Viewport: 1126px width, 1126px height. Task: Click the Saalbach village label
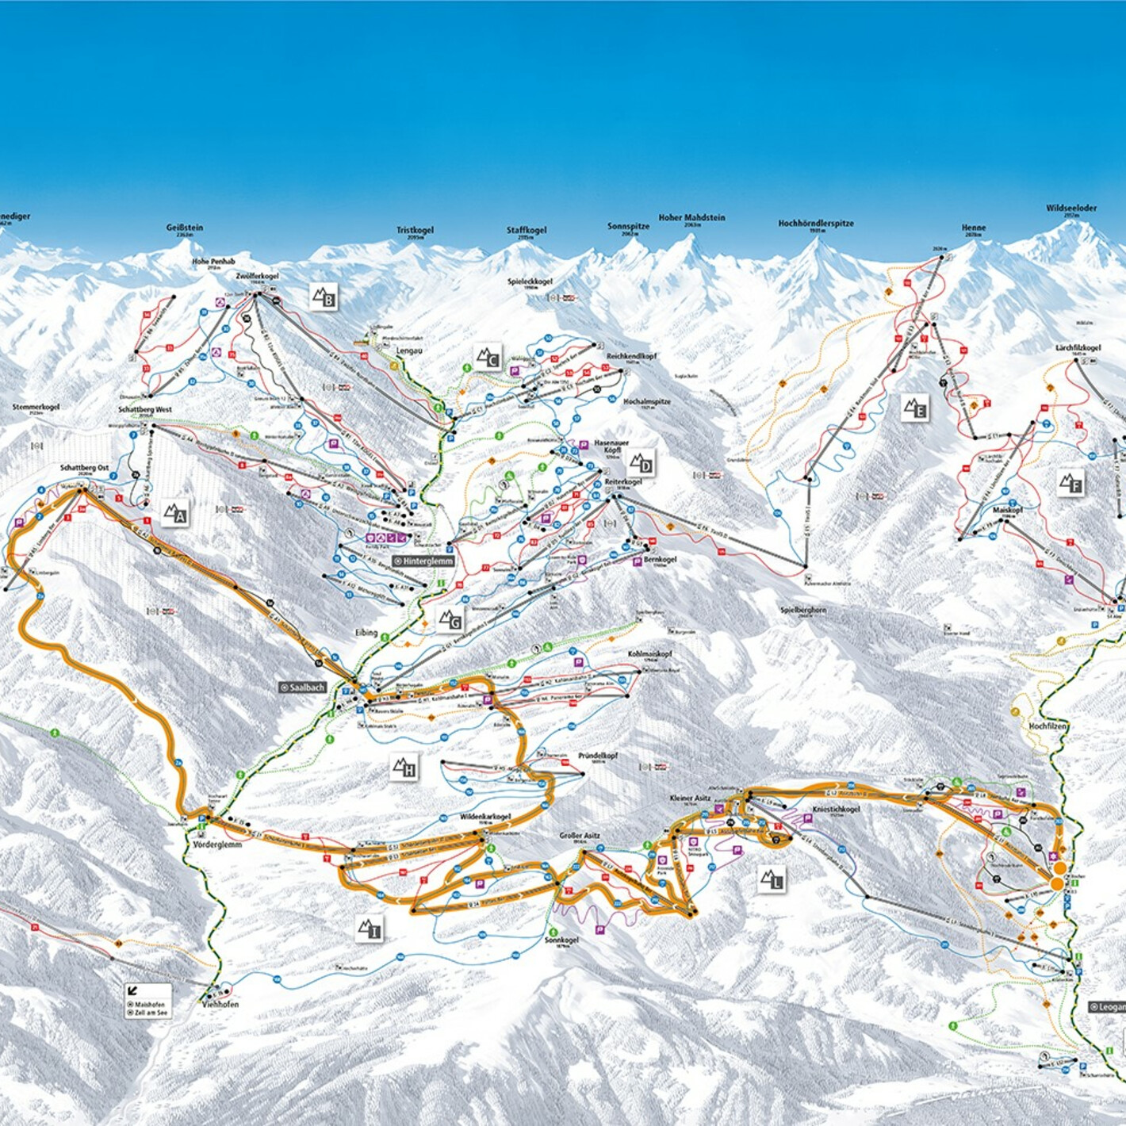[303, 687]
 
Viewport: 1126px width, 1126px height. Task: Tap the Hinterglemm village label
[423, 561]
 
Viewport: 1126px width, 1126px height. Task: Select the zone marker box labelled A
[175, 513]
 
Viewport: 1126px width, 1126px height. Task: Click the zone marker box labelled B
[324, 297]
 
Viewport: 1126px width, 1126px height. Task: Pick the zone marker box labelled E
[915, 408]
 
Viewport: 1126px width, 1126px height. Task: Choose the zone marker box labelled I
[370, 929]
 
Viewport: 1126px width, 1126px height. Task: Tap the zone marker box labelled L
[772, 879]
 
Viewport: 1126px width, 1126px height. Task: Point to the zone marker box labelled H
[404, 767]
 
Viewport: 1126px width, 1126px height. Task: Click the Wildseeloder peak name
[1071, 209]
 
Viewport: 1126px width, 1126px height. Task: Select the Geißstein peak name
[185, 228]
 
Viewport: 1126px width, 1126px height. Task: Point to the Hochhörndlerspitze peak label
[816, 224]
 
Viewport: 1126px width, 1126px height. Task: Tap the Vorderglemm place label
[217, 845]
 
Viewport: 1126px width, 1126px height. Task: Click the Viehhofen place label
[220, 1004]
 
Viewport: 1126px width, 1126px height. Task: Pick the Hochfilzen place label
[1047, 726]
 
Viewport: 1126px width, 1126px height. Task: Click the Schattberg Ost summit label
[84, 468]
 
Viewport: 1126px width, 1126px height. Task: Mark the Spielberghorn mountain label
[803, 610]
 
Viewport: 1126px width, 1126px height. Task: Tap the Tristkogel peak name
[416, 230]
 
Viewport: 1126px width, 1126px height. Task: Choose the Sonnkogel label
[561, 940]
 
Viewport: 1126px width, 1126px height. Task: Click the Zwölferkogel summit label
[257, 276]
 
